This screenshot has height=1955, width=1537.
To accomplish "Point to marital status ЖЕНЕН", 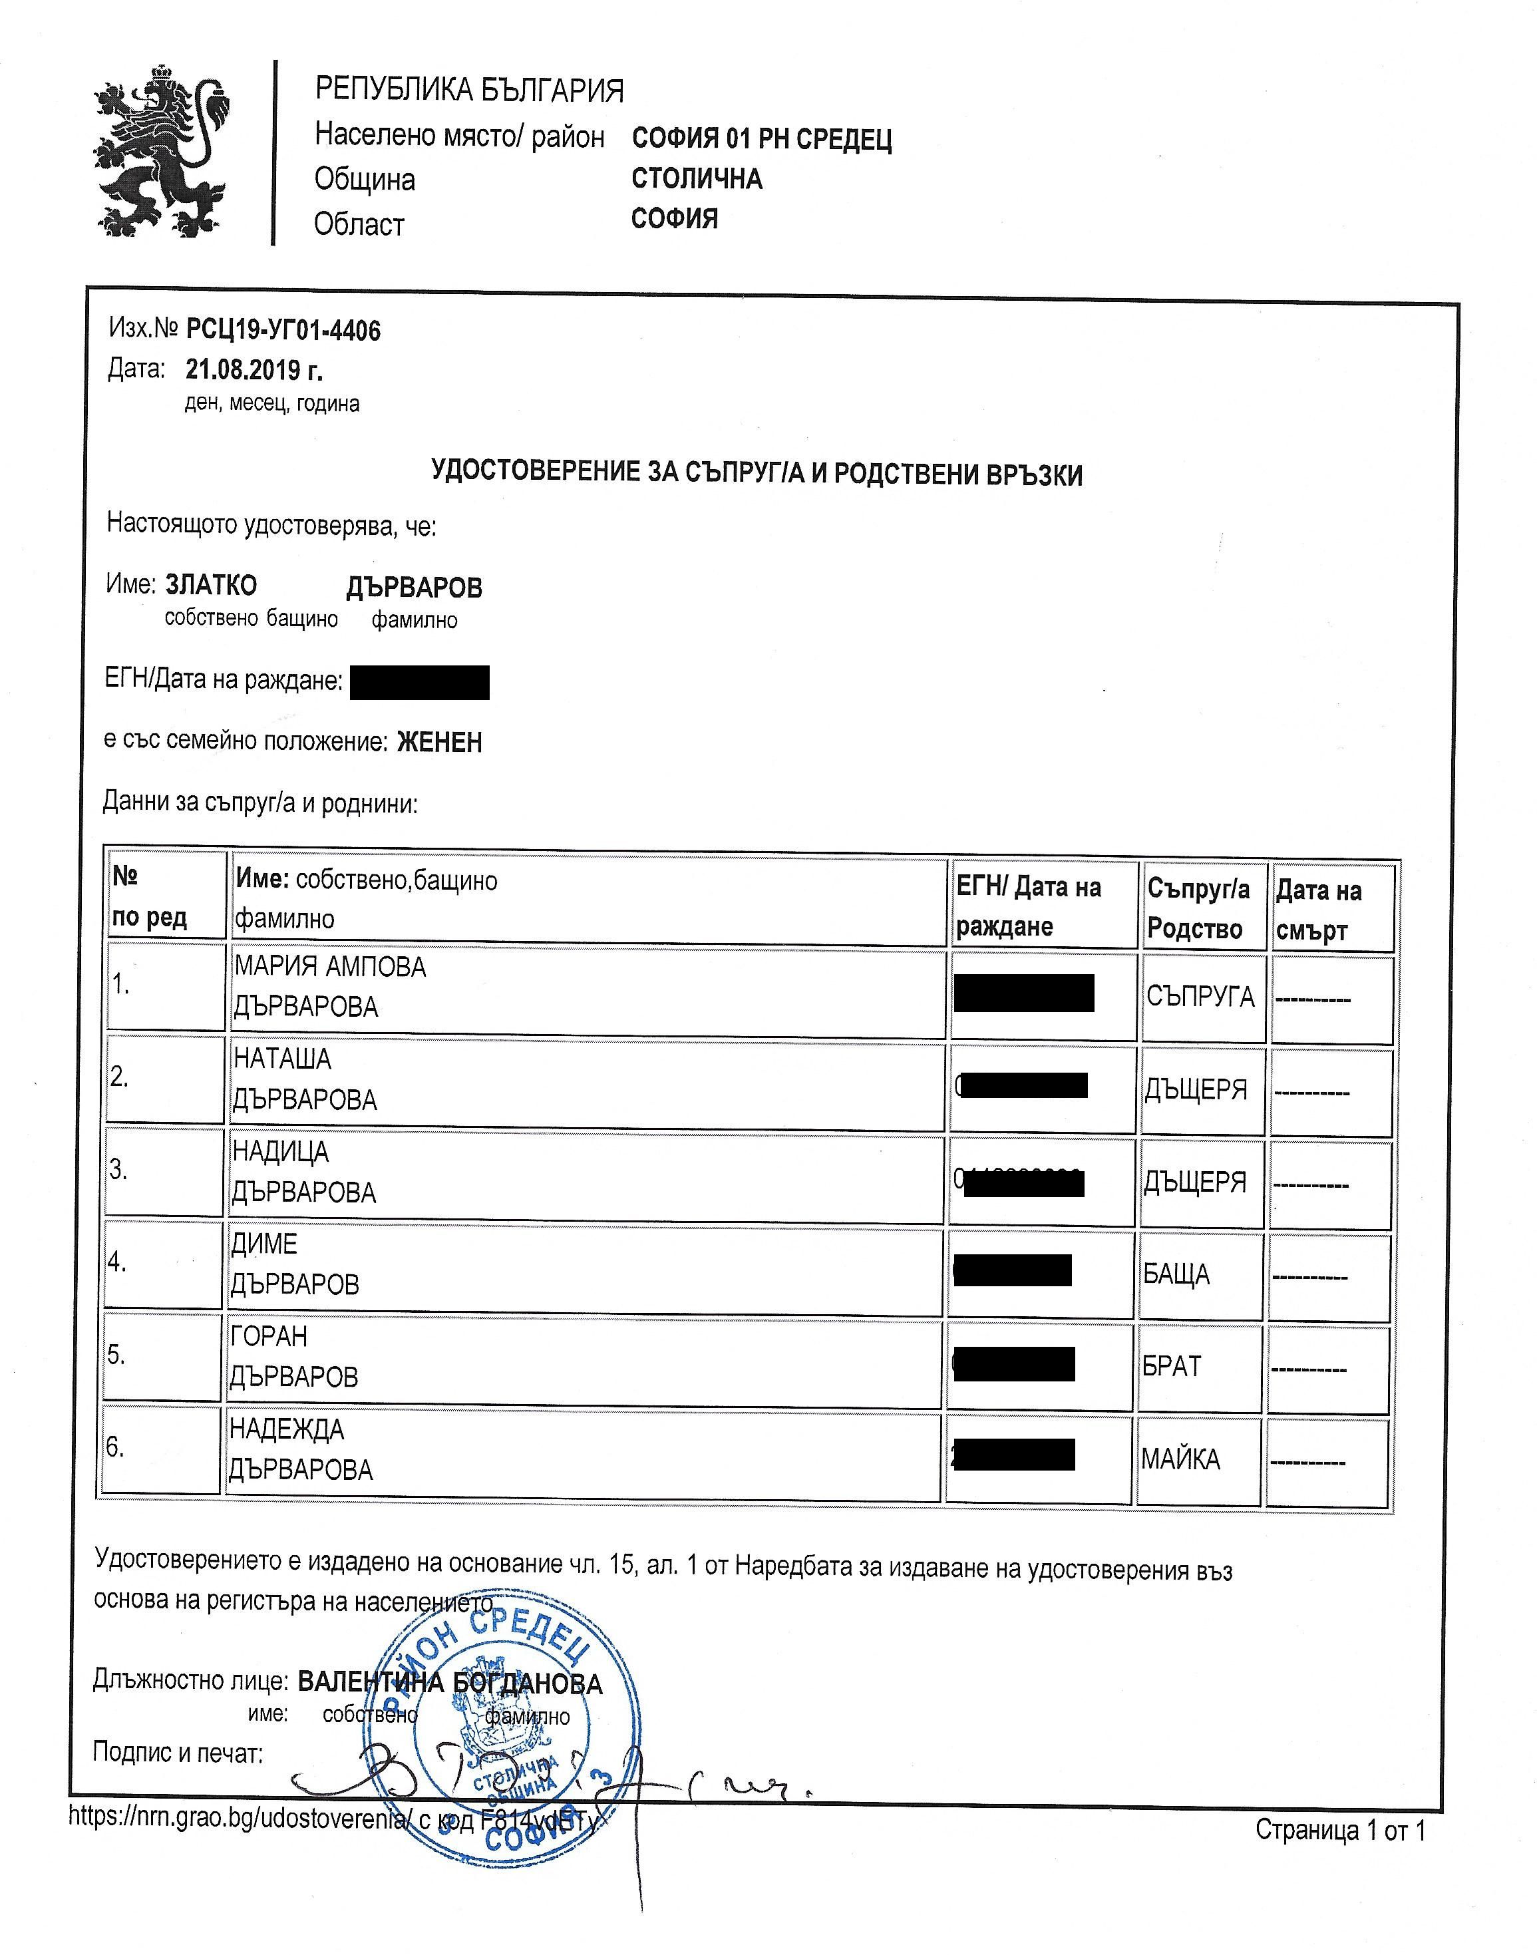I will click(439, 742).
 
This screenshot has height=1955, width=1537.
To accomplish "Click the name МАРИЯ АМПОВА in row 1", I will click(329, 967).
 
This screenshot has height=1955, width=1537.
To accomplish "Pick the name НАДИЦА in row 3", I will click(281, 1151).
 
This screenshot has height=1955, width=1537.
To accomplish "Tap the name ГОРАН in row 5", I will click(268, 1337).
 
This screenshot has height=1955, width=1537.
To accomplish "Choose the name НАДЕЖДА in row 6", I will click(286, 1429).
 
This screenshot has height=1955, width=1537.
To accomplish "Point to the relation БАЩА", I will click(1176, 1274).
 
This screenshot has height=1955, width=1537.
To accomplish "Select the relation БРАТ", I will click(1172, 1366).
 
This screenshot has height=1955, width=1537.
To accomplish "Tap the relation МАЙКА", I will click(1180, 1459).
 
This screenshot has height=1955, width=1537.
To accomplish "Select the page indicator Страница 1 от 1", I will click(1340, 1830).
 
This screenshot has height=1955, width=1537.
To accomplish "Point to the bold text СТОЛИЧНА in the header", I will click(697, 178).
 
